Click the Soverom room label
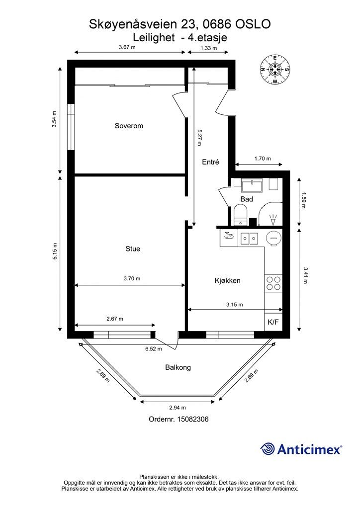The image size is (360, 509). tap(129, 126)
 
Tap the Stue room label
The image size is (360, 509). tap(133, 249)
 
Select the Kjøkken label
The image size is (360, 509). tap(228, 280)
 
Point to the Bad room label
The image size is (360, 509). tap(247, 199)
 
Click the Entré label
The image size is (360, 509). tap(211, 162)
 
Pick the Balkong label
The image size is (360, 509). tap(178, 367)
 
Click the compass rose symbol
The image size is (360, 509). tap(275, 70)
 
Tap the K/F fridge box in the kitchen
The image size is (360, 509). tap(273, 322)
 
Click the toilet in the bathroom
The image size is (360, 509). tap(241, 215)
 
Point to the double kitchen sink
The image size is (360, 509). tap(249, 239)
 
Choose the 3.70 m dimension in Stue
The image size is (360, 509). tap(132, 278)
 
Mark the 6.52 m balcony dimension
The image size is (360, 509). tap(154, 349)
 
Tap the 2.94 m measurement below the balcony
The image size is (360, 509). tap(178, 408)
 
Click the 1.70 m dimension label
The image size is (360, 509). tap(263, 159)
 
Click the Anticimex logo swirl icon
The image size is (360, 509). tap(268, 449)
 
